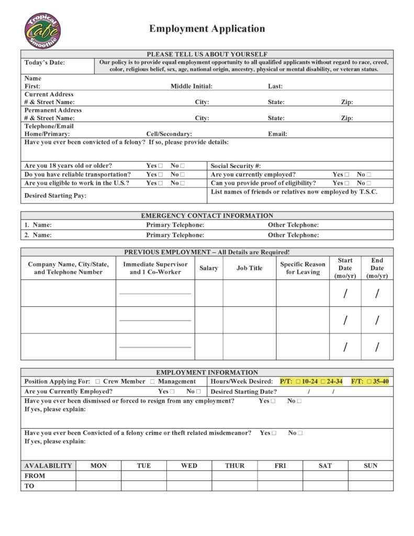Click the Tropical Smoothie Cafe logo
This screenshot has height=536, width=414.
(42, 31)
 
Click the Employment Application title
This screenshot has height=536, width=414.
(207, 29)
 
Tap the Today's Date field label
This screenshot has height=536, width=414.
(44, 63)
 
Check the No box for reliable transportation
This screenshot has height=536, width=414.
(183, 175)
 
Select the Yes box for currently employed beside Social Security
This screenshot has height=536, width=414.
(346, 175)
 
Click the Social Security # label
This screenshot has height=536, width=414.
(236, 166)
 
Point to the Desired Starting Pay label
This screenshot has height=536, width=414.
(55, 196)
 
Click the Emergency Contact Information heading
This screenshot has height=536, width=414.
(207, 215)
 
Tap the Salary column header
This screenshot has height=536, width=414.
(209, 268)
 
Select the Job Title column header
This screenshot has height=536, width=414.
(249, 268)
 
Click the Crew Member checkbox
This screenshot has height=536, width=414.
(98, 382)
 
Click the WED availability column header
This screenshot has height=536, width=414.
(189, 466)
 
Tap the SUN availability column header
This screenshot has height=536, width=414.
(371, 466)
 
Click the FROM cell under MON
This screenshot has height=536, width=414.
(98, 476)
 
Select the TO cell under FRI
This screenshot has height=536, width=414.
(280, 486)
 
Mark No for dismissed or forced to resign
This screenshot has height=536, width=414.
(299, 401)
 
